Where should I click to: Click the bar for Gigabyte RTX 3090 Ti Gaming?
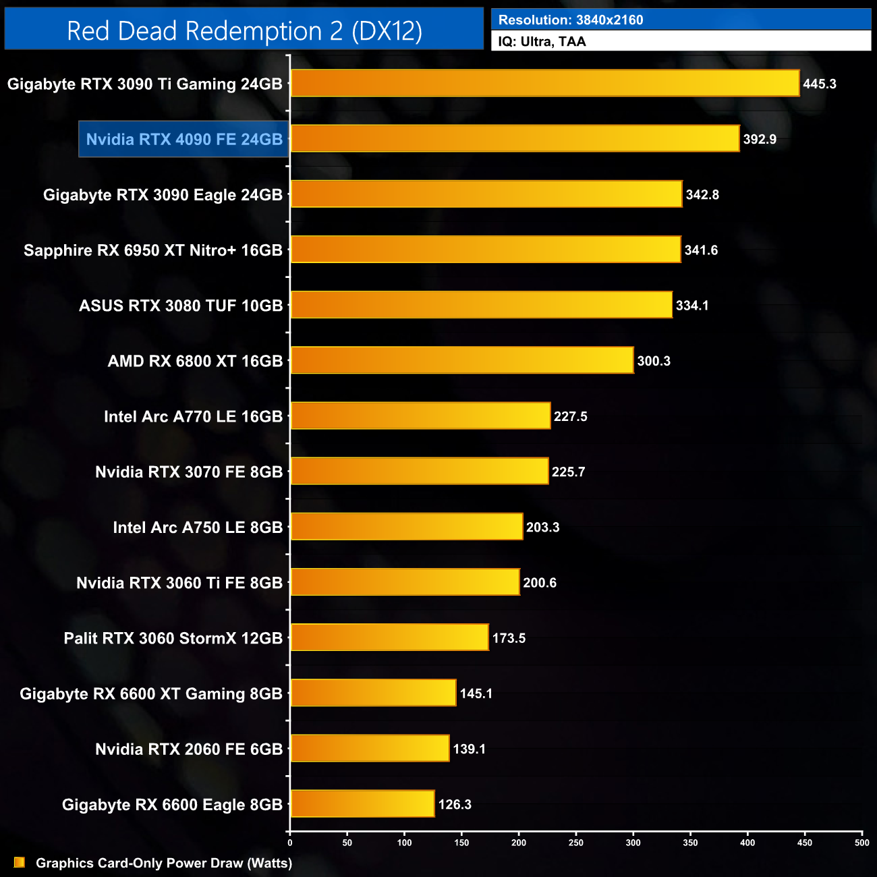tap(545, 84)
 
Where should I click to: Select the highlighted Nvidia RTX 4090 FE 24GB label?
tap(184, 140)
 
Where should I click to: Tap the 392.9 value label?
tap(760, 140)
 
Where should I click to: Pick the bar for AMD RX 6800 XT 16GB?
tap(462, 360)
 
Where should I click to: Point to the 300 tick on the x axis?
tap(633, 842)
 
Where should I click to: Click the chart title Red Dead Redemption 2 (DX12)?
tap(244, 30)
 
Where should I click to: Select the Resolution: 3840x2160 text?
tap(571, 20)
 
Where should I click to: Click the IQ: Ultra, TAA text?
tap(542, 42)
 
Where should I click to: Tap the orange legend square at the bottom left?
tap(20, 862)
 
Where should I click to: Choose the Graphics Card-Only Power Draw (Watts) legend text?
tap(164, 863)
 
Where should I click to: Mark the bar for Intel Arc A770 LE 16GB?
tap(420, 416)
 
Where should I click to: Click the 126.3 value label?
tap(455, 804)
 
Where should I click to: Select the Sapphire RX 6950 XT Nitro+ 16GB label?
tap(153, 250)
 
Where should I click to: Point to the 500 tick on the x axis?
tap(862, 842)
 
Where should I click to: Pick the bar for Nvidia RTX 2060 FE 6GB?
tap(370, 748)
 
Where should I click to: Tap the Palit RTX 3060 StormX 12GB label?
tap(173, 638)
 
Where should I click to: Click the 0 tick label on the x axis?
tap(290, 842)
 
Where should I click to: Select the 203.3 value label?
tap(543, 527)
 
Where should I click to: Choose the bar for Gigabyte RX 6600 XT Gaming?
tap(373, 693)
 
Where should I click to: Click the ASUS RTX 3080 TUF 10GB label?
tap(181, 306)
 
